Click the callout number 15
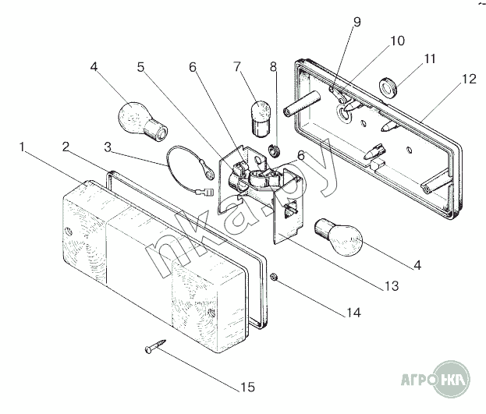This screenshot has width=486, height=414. (247, 387)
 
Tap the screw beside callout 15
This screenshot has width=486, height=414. (155, 346)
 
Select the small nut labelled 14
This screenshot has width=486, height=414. (273, 277)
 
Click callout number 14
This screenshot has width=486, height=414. (353, 313)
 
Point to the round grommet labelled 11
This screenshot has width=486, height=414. (388, 86)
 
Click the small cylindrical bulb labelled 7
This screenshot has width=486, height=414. (261, 119)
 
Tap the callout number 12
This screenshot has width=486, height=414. (469, 79)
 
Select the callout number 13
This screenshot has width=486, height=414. (391, 286)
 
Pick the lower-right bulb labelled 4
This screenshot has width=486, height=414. (339, 237)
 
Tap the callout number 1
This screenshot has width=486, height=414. (22, 147)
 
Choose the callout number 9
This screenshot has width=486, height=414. (357, 22)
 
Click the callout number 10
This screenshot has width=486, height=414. (397, 41)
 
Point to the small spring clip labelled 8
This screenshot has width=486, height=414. (274, 150)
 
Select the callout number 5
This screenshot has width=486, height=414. (140, 67)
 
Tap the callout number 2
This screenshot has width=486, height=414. (65, 147)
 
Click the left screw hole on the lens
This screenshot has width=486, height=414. (69, 232)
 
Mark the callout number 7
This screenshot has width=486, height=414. (237, 66)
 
